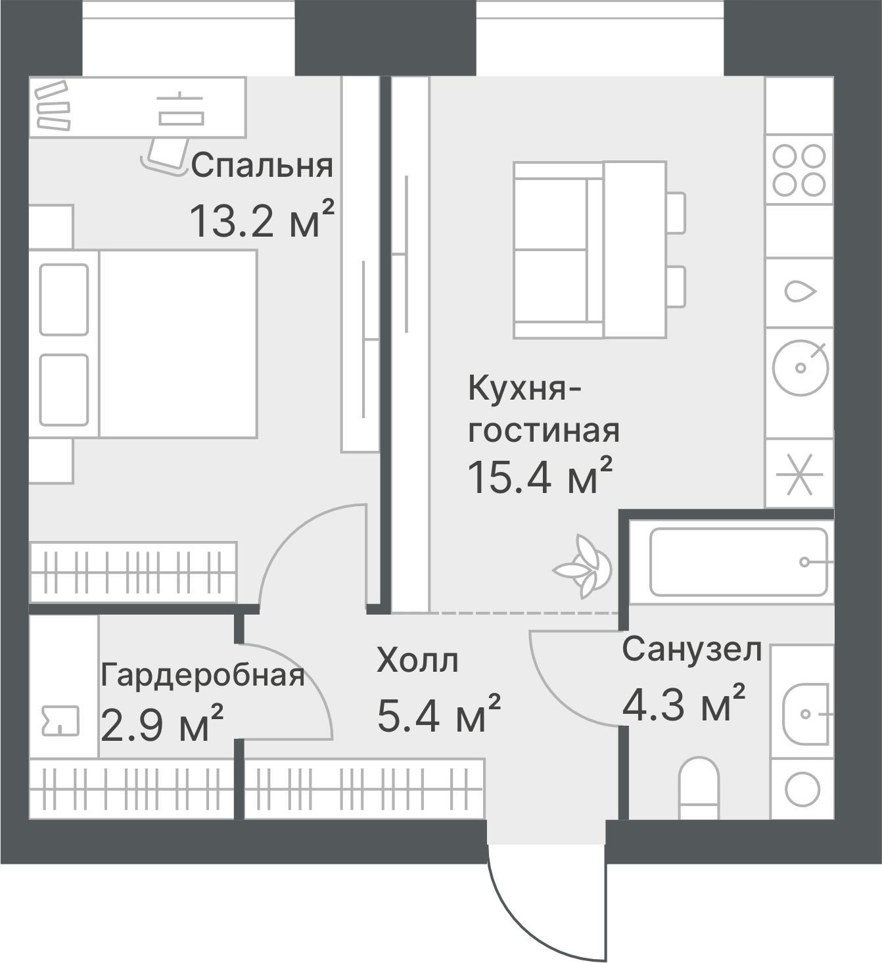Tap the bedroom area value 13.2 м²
pos(262,220)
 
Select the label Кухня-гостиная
pos(544,409)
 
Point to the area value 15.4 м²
pos(540,476)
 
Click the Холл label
pos(417,661)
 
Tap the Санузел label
pos(692,650)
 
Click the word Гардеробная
pos(202,676)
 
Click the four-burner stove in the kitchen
pos(799,170)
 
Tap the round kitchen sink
pos(801,367)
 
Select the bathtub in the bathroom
pos(739,561)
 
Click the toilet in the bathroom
pos(699,788)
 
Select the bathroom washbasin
pos(806,715)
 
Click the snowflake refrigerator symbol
pos(800,475)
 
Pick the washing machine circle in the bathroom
pos(802,789)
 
